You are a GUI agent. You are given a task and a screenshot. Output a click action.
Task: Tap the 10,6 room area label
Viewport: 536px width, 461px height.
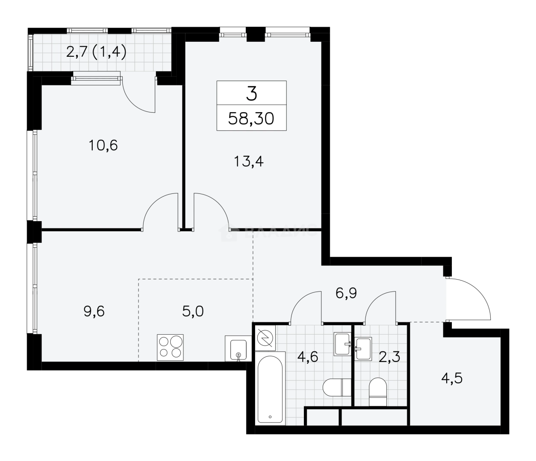pos(103,146)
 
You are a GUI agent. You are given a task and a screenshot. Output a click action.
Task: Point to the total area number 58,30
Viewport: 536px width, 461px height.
pos(251,118)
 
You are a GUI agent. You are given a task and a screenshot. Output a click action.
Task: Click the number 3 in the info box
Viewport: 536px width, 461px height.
pos(251,93)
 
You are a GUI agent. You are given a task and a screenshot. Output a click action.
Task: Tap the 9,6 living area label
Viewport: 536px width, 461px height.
pos(94,312)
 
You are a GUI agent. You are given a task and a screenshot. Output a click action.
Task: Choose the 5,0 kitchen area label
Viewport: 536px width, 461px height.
pos(193,311)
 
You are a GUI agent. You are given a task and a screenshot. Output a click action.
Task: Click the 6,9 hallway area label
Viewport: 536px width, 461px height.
pos(346,293)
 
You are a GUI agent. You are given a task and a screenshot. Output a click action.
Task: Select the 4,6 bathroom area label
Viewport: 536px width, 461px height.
pos(308,356)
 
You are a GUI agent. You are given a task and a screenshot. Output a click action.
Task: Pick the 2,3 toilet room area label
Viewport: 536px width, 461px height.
pos(389,356)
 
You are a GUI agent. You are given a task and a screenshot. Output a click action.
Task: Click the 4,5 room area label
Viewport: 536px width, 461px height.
pos(452,378)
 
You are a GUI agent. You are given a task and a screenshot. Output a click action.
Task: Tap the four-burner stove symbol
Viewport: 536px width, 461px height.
pos(171,346)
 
